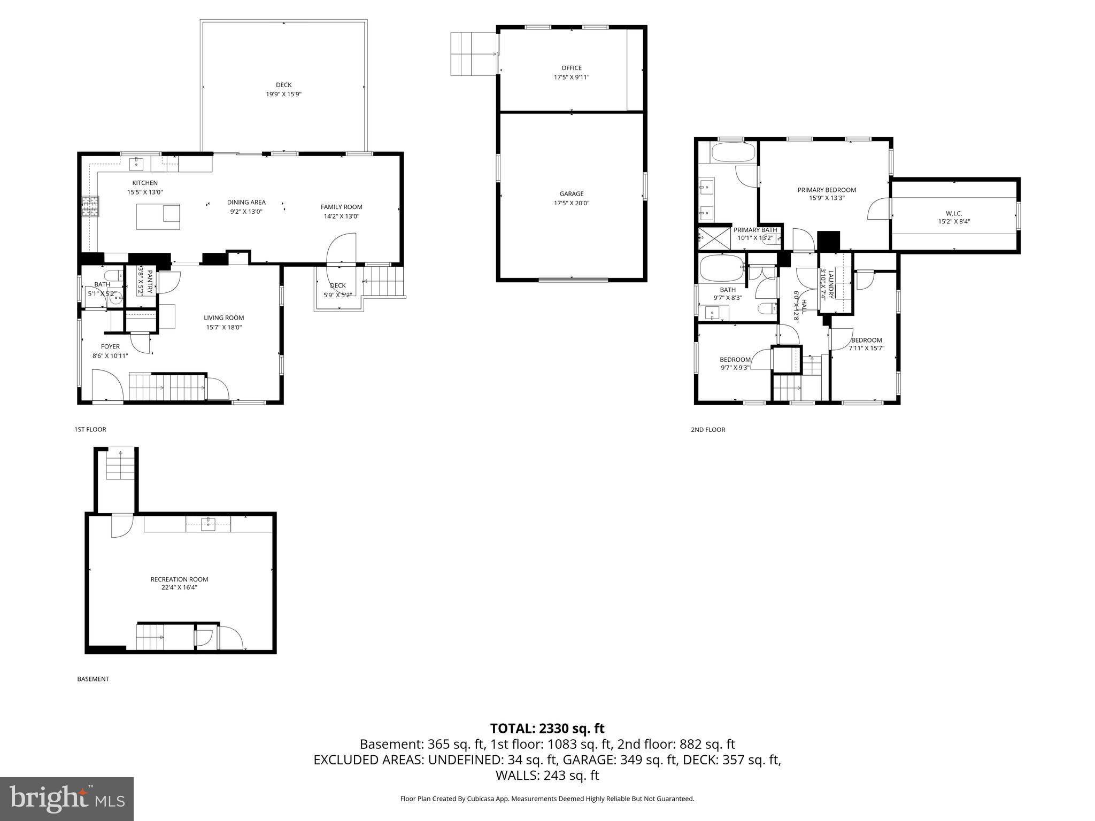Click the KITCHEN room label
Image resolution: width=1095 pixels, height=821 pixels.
coord(145,183)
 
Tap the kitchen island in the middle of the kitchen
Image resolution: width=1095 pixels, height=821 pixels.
coord(158,216)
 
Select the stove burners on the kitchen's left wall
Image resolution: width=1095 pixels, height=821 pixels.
coord(90,206)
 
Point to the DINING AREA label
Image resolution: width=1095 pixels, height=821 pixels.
coord(246,202)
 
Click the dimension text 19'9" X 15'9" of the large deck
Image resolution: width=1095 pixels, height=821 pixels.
coord(283,94)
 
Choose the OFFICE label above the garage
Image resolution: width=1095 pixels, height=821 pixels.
coord(571,68)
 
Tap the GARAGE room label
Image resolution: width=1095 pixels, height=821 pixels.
coord(571,193)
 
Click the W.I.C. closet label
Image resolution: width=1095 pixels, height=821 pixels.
coord(954,213)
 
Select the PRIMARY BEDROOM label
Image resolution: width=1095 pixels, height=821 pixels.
coord(827,190)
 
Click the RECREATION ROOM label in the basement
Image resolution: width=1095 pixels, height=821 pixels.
coord(179,579)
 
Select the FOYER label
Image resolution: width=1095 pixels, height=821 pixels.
coord(110,346)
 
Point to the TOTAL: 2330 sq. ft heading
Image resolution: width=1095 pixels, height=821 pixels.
coord(547,728)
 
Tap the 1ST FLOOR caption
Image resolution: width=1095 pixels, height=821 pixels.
coord(90,429)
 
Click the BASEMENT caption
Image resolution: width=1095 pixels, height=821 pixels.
coord(93,679)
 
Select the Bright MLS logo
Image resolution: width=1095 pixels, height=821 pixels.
coord(67,799)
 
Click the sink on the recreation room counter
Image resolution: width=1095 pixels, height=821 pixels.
coord(207,524)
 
